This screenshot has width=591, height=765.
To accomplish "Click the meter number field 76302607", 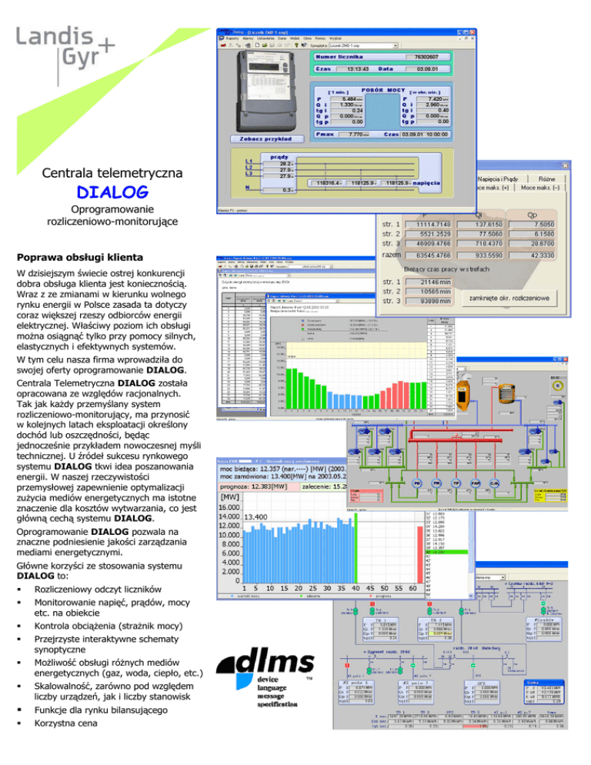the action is [432, 56].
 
